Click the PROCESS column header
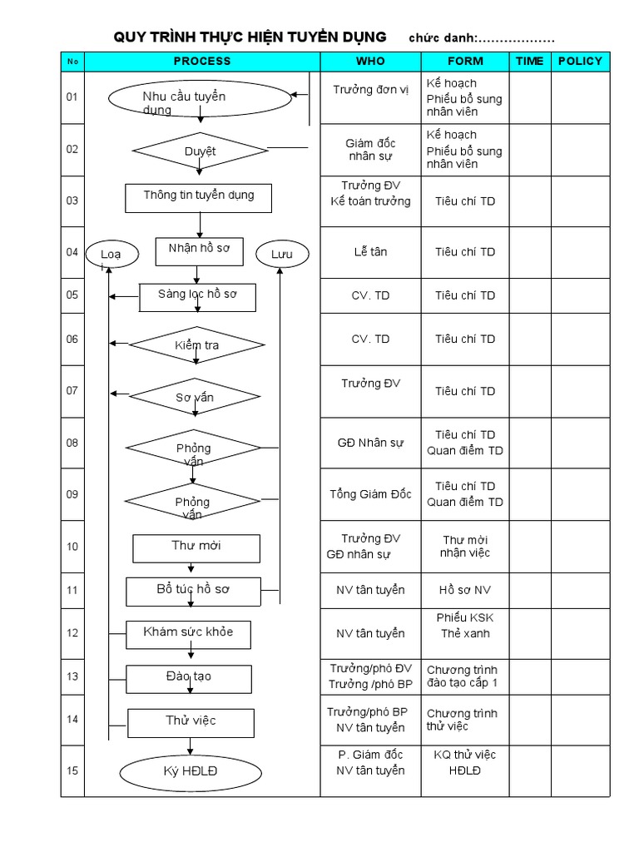[x=202, y=62]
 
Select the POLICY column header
[x=580, y=62]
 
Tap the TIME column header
[x=529, y=62]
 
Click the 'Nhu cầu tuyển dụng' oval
[x=200, y=98]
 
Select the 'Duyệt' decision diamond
[x=200, y=151]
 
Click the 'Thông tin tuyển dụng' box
[x=199, y=197]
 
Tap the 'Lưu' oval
[x=281, y=254]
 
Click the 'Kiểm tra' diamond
[x=197, y=344]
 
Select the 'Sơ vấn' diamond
[x=196, y=396]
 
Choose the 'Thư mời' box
[x=196, y=547]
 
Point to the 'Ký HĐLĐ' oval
[x=191, y=772]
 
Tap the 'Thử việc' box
[x=191, y=721]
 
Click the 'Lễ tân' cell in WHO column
[x=370, y=252]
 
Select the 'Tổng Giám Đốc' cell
[x=370, y=494]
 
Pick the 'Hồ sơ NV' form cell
[x=465, y=590]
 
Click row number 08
[x=72, y=443]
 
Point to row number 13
[x=72, y=676]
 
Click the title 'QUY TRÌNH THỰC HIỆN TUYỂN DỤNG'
[x=250, y=37]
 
